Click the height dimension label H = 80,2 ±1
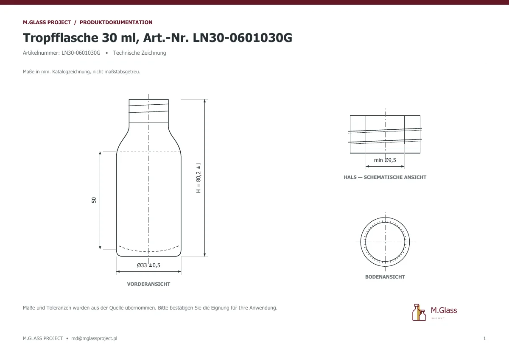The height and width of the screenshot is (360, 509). (x=199, y=178)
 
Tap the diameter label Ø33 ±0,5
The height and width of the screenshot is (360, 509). (x=148, y=265)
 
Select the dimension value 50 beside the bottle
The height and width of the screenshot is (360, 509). (x=94, y=200)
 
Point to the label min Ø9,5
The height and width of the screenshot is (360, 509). (x=385, y=160)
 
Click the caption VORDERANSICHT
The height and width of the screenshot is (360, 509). (x=148, y=284)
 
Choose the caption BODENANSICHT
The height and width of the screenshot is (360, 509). (x=385, y=277)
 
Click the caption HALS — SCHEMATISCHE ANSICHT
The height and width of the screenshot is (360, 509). (x=385, y=177)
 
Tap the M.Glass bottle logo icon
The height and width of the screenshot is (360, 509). (x=419, y=313)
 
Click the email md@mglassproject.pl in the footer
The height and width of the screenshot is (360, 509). (x=94, y=338)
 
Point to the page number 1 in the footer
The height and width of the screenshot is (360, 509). (x=484, y=338)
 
